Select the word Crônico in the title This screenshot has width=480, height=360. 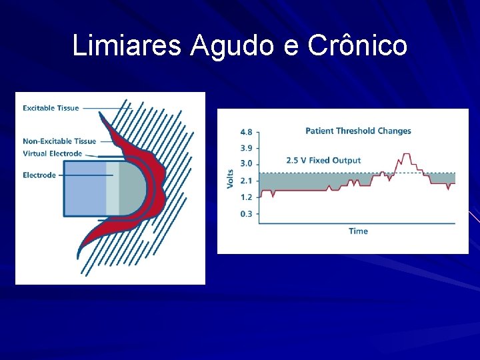[x=357, y=46]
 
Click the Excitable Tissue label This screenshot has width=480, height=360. [x=51, y=108]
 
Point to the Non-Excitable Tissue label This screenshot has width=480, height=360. [x=59, y=141]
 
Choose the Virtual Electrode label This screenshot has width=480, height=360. [x=53, y=153]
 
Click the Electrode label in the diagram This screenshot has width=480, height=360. [x=39, y=175]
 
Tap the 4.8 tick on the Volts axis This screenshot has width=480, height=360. [x=246, y=133]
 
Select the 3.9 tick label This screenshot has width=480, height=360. [x=246, y=148]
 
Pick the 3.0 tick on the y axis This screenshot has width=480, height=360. [x=246, y=164]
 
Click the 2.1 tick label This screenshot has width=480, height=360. [x=246, y=181]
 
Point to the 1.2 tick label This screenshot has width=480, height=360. [x=246, y=197]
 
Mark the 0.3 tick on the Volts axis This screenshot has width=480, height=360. [x=246, y=214]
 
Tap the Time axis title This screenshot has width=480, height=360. [x=358, y=231]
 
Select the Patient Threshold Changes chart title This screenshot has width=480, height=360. [x=358, y=131]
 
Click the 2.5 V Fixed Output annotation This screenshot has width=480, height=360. [x=323, y=161]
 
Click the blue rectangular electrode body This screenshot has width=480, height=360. [x=85, y=188]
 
